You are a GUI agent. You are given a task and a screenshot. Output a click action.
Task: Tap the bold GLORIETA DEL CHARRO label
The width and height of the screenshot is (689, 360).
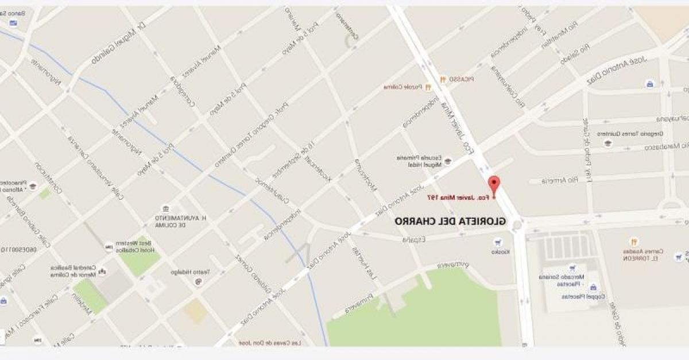[x=451, y=220]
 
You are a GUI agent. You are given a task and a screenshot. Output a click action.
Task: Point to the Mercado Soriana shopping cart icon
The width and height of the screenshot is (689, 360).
[x=571, y=268]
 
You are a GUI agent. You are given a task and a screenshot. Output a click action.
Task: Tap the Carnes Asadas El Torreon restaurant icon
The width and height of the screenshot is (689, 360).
[x=634, y=242]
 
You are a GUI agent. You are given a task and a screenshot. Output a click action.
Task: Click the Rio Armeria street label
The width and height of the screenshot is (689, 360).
[x=554, y=181]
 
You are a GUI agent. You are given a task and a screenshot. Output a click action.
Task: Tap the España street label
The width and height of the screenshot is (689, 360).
[x=412, y=239]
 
